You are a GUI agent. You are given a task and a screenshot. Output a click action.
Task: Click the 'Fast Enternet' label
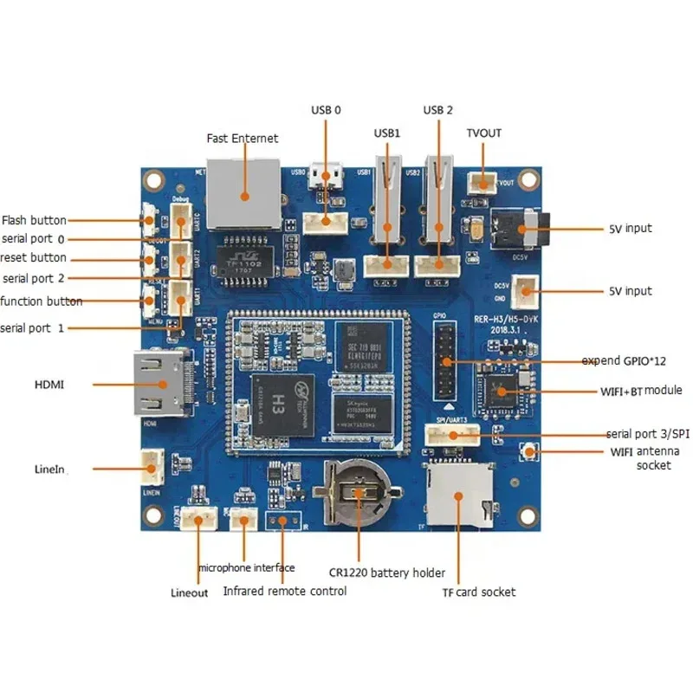pyautogui.click(x=243, y=138)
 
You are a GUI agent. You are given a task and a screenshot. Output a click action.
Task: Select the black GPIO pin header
pyautogui.click(x=446, y=359)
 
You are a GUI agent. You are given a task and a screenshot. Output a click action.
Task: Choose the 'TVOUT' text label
pyautogui.click(x=483, y=133)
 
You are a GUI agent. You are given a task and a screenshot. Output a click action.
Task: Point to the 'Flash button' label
pyautogui.click(x=34, y=220)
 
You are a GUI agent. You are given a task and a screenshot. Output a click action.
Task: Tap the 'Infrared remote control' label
pyautogui.click(x=285, y=591)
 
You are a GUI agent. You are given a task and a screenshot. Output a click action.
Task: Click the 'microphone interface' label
pyautogui.click(x=246, y=567)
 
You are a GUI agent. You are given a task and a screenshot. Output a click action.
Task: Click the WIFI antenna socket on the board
pyautogui.click(x=526, y=451)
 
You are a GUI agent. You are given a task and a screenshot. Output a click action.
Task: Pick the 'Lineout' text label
pyautogui.click(x=189, y=593)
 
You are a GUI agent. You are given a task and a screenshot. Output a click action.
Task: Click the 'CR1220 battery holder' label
pyautogui.click(x=386, y=573)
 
